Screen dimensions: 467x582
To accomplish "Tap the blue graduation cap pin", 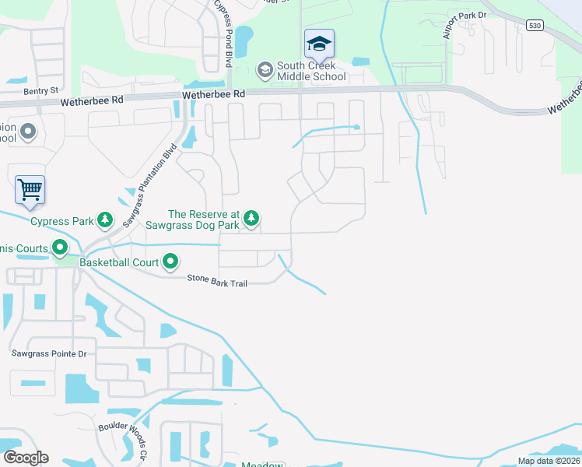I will (319, 44).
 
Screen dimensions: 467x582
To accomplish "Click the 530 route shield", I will (533, 26).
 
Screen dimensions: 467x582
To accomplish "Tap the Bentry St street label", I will (40, 91).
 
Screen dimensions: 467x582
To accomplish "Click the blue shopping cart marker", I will (30, 189).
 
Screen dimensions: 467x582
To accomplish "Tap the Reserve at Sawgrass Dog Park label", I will (204, 220).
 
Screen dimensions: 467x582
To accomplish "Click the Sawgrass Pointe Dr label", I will (48, 353).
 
